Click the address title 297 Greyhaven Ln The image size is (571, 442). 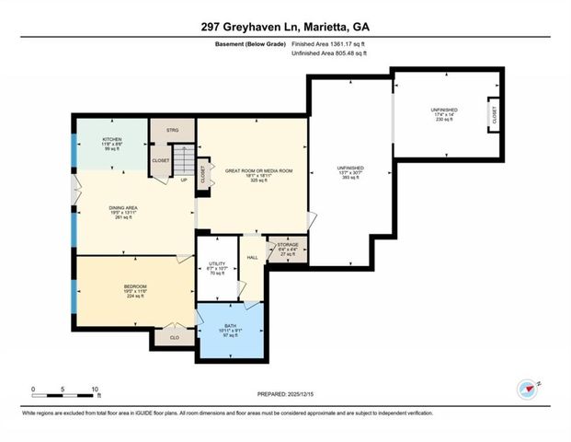[x=285, y=28]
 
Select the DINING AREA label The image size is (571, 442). [x=117, y=213]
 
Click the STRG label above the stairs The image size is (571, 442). [x=172, y=131]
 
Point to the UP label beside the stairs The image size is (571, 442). [x=184, y=180]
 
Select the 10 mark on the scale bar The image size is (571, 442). [x=94, y=389]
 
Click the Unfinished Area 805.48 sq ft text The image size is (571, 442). [x=315, y=53]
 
